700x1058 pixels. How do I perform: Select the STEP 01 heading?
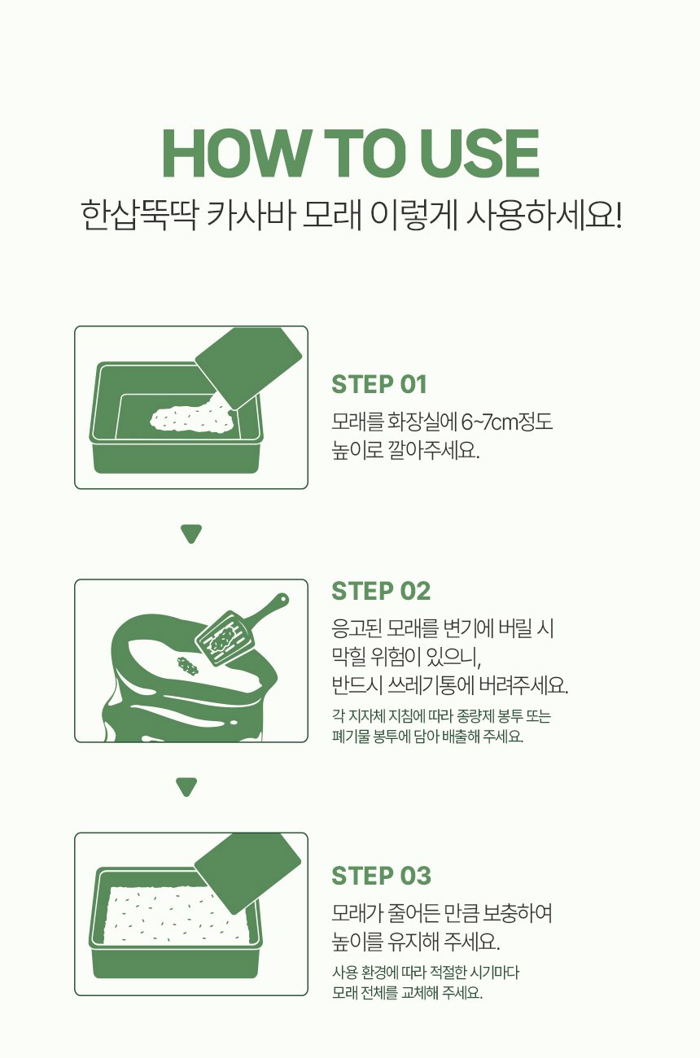(x=379, y=384)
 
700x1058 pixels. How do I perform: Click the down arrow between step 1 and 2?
(x=191, y=534)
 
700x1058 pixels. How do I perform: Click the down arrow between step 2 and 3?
(x=187, y=787)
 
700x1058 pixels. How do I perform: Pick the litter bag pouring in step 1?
(x=247, y=365)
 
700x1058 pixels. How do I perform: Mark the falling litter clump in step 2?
(x=189, y=666)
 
